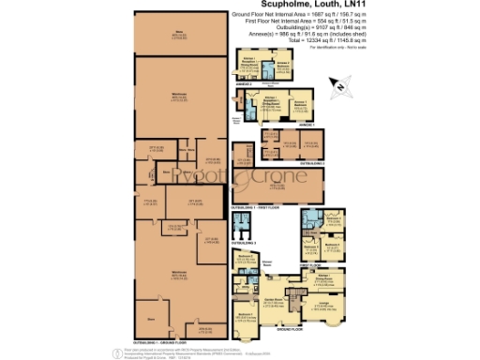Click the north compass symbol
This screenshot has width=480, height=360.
tap(340, 86)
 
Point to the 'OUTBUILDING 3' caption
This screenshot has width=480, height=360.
tap(245, 242)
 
